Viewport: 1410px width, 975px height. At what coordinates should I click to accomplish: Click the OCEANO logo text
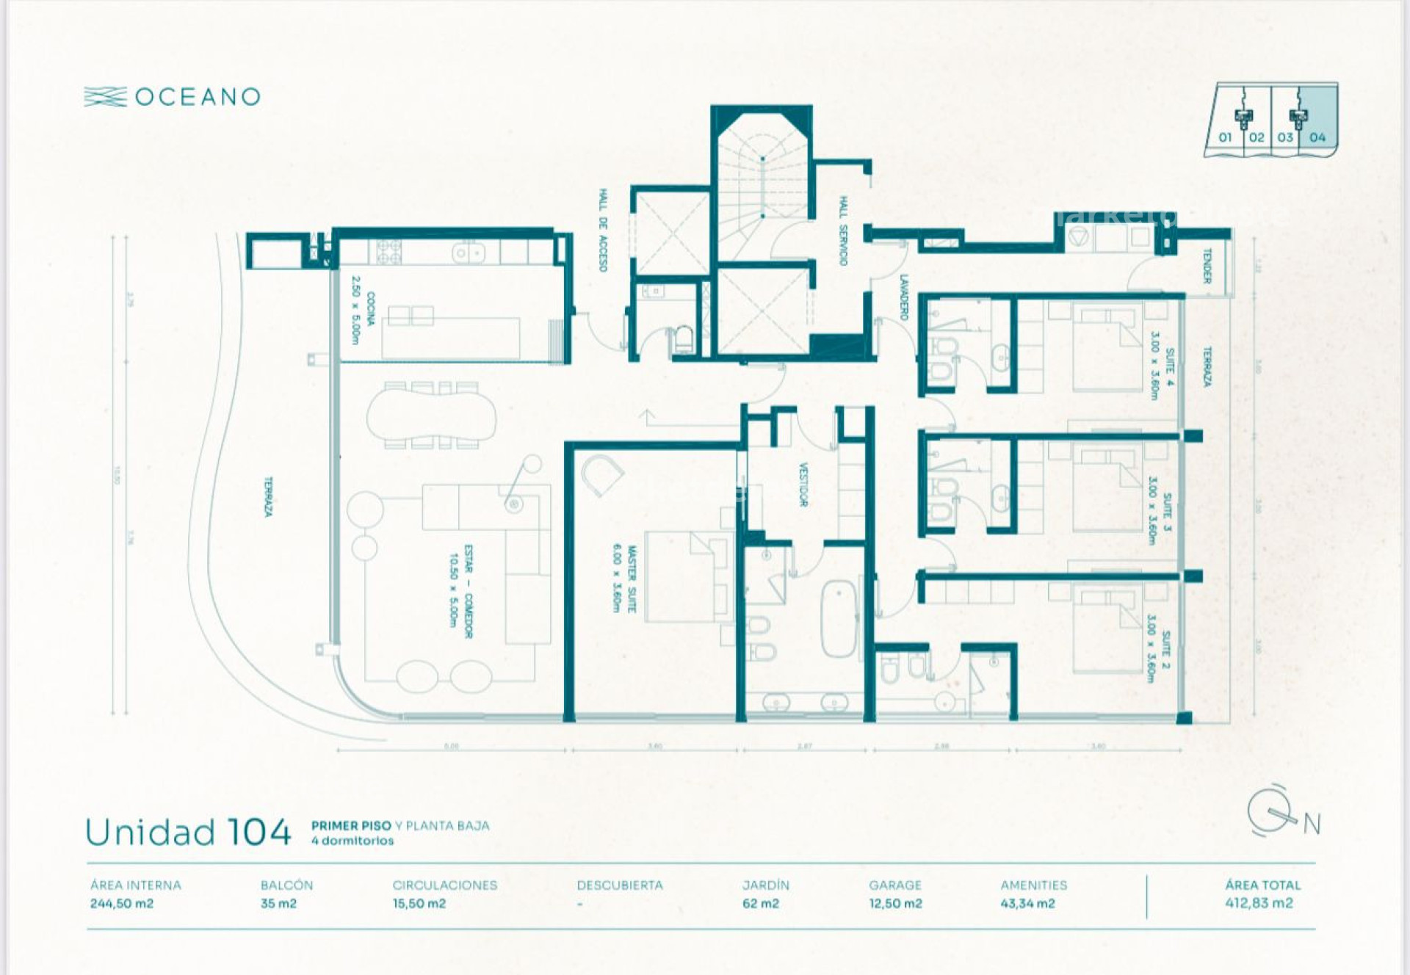pos(197,97)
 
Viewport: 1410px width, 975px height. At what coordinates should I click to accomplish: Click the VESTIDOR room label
pos(803,485)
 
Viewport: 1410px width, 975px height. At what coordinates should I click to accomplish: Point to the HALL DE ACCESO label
pos(603,230)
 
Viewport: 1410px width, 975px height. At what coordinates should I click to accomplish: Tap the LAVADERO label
pos(904,297)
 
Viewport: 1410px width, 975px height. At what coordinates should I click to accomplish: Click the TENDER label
pos(1206,266)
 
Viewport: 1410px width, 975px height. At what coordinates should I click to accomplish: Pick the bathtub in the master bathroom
pos(838,618)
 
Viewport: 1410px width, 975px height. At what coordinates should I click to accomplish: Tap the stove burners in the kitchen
pos(388,252)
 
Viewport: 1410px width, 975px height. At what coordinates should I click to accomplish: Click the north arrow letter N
pos(1312,824)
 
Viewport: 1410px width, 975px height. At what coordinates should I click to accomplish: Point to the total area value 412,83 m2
pos(1259,903)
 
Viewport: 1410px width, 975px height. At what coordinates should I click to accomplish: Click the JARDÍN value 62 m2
pos(760,903)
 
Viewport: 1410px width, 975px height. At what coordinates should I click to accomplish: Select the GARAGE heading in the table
pos(894,885)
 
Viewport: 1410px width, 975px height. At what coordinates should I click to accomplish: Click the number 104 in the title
pos(258,833)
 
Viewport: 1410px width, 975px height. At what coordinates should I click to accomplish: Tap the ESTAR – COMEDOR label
pos(460,591)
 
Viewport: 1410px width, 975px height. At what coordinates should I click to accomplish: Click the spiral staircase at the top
pos(762,187)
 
